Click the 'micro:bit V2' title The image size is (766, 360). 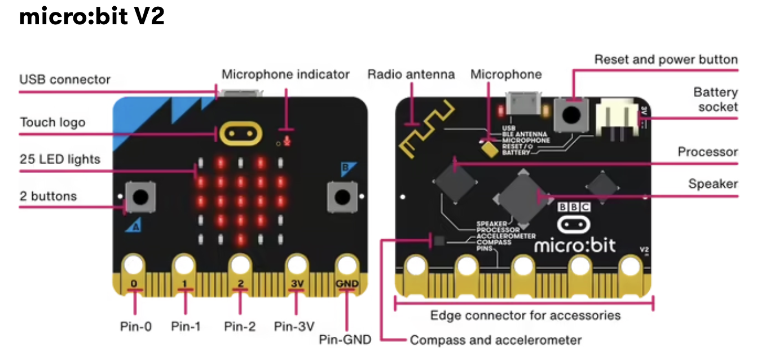point(92,17)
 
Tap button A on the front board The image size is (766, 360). point(140,197)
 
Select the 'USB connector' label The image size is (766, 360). point(65,80)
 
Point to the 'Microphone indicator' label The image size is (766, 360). point(285,74)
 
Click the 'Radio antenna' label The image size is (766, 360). point(411,74)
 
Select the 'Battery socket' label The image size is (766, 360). point(715,99)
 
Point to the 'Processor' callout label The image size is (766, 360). point(707,152)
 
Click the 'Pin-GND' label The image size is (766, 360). point(345,340)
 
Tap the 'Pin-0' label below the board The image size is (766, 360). point(135,326)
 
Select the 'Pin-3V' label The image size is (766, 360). point(294,326)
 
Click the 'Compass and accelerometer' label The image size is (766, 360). point(495,340)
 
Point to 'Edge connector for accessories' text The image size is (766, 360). point(525,315)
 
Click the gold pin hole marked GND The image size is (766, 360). point(346,265)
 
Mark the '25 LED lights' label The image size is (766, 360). point(60,160)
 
